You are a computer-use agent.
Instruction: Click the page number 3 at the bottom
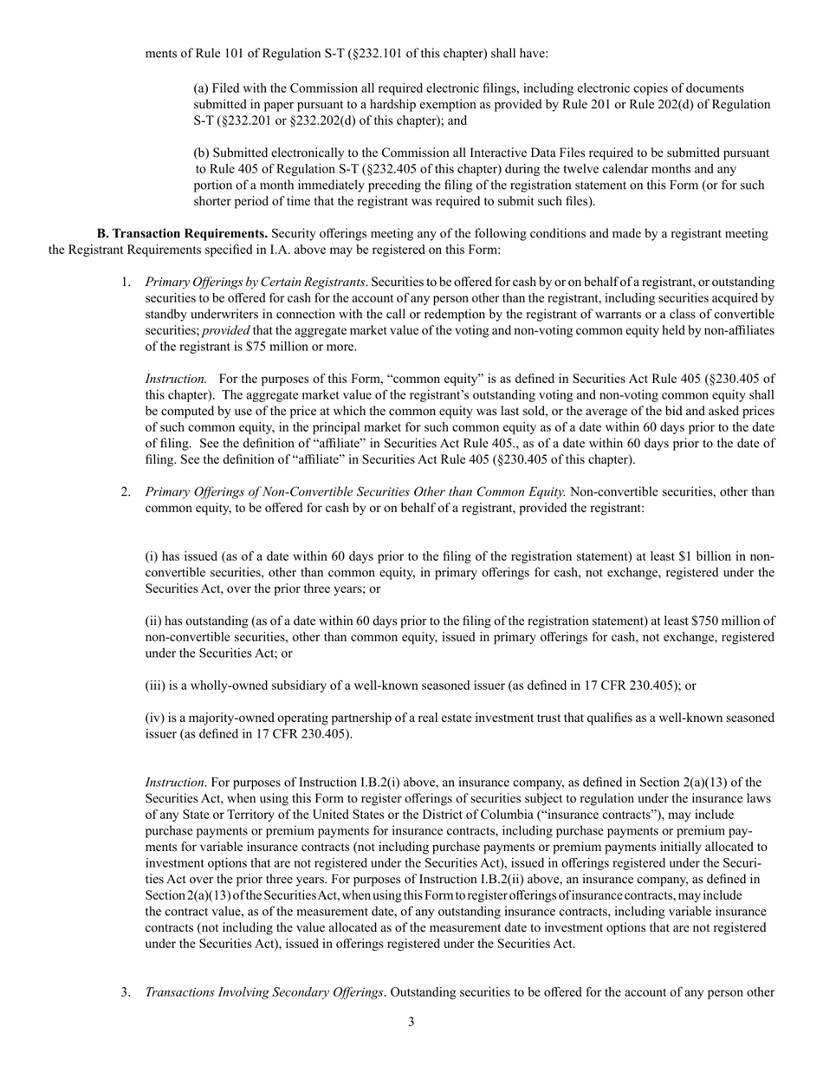click(x=411, y=1022)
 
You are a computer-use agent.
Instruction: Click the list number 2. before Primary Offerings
click(x=126, y=492)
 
